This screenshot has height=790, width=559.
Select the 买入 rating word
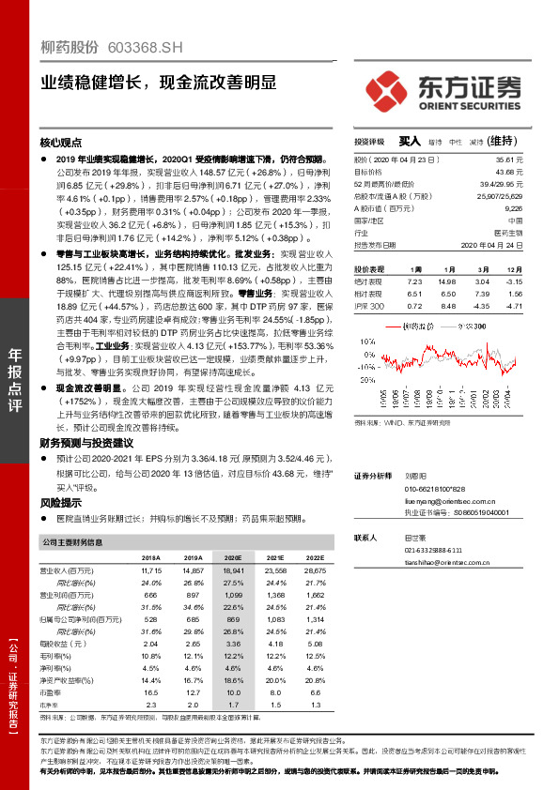[x=408, y=142]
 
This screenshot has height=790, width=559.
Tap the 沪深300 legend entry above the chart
[x=464, y=326]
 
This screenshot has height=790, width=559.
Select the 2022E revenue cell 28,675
[x=315, y=570]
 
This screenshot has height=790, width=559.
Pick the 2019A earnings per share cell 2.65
[x=194, y=644]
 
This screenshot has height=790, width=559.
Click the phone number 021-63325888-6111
[x=434, y=550]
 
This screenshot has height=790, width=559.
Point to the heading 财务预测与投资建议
[x=88, y=441]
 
